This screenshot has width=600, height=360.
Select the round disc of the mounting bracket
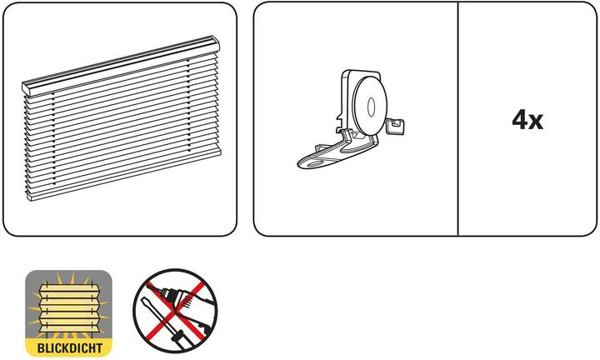369,105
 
